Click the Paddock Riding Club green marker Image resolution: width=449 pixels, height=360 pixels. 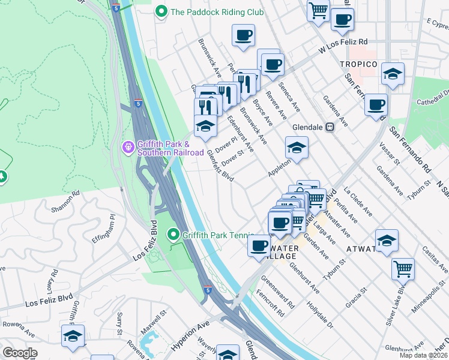pyautogui.click(x=161, y=11)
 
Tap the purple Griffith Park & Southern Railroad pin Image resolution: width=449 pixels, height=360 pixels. pyautogui.click(x=127, y=147)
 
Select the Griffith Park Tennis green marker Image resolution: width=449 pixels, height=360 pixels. pyautogui.click(x=174, y=234)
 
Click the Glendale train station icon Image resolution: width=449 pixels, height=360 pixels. pyautogui.click(x=330, y=127)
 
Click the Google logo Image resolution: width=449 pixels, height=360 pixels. pyautogui.click(x=20, y=353)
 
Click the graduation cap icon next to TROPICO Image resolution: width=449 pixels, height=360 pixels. pyautogui.click(x=393, y=74)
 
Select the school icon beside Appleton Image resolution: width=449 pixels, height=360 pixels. pyautogui.click(x=296, y=148)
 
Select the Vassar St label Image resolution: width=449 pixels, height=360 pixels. pyautogui.click(x=388, y=151)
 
